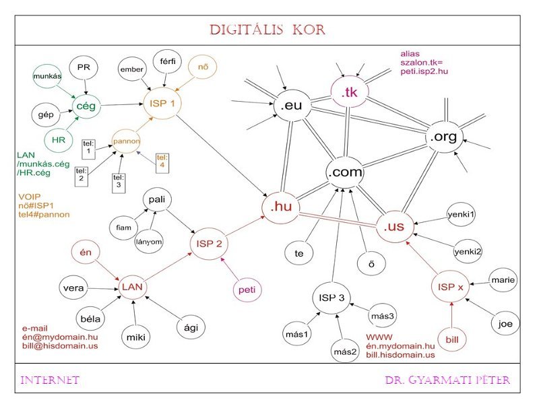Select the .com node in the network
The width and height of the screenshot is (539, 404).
[345, 172]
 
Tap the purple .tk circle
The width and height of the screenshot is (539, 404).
[349, 94]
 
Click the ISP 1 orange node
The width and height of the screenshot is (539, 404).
[162, 104]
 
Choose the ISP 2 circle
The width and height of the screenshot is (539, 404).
[210, 243]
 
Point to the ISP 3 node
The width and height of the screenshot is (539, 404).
[332, 297]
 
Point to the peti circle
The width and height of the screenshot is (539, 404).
[246, 290]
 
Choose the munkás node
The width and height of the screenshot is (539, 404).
[48, 77]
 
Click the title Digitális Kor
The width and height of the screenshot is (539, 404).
[267, 30]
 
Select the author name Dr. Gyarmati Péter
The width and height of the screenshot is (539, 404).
[447, 380]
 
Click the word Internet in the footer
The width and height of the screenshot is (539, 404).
[51, 380]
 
